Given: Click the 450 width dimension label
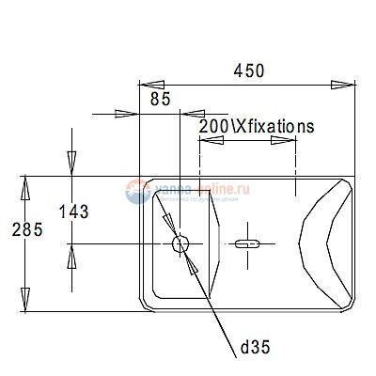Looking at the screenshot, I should click(x=249, y=71).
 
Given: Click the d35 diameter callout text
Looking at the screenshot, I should click(x=255, y=348).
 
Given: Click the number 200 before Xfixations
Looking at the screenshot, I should click(x=213, y=125).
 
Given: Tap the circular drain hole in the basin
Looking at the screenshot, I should click(x=180, y=244).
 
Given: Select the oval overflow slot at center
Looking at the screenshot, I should click(x=247, y=244).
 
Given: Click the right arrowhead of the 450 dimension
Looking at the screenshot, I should click(x=344, y=86).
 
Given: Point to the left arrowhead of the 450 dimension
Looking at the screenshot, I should click(x=150, y=86).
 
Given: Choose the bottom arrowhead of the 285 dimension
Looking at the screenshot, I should click(x=26, y=299).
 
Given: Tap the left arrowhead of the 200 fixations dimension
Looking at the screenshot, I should click(x=211, y=142).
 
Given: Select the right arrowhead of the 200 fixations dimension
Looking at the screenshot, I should click(x=285, y=142).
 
